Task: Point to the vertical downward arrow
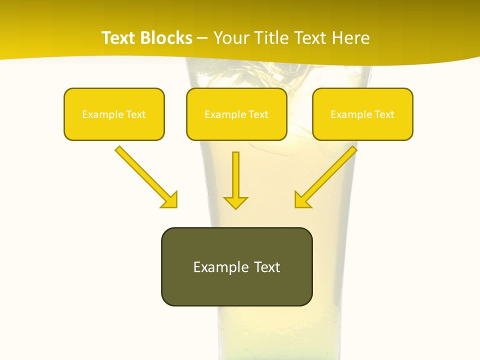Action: pyautogui.click(x=235, y=175)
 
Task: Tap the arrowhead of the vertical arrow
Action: pyautogui.click(x=235, y=202)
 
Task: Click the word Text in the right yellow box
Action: pyautogui.click(x=384, y=114)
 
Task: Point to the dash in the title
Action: pyautogui.click(x=202, y=38)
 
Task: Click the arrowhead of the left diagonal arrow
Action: pyautogui.click(x=169, y=200)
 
